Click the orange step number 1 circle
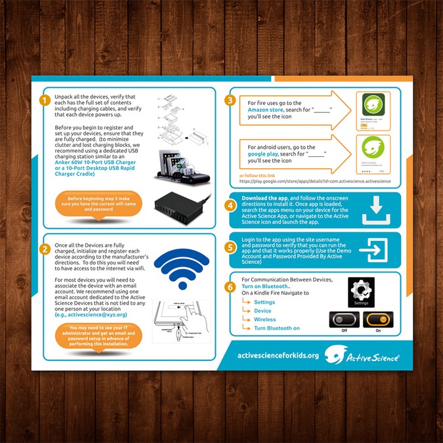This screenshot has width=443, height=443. pyautogui.click(x=45, y=100)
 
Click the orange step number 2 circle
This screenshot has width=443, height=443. pyautogui.click(x=45, y=249)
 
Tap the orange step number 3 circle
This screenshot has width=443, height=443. pyautogui.click(x=230, y=100)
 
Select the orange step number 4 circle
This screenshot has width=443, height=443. pyautogui.click(x=230, y=205)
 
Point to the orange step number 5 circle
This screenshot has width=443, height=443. pyautogui.click(x=230, y=248)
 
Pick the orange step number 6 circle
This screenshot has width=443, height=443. pyautogui.click(x=230, y=287)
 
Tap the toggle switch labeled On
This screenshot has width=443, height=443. pyautogui.click(x=378, y=320)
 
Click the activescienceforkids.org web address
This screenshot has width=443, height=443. pyautogui.click(x=278, y=355)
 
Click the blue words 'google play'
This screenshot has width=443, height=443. pyautogui.click(x=263, y=155)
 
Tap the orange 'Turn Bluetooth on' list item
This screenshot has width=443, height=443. pyautogui.click(x=277, y=327)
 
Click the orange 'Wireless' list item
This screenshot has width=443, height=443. pyautogui.click(x=264, y=319)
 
